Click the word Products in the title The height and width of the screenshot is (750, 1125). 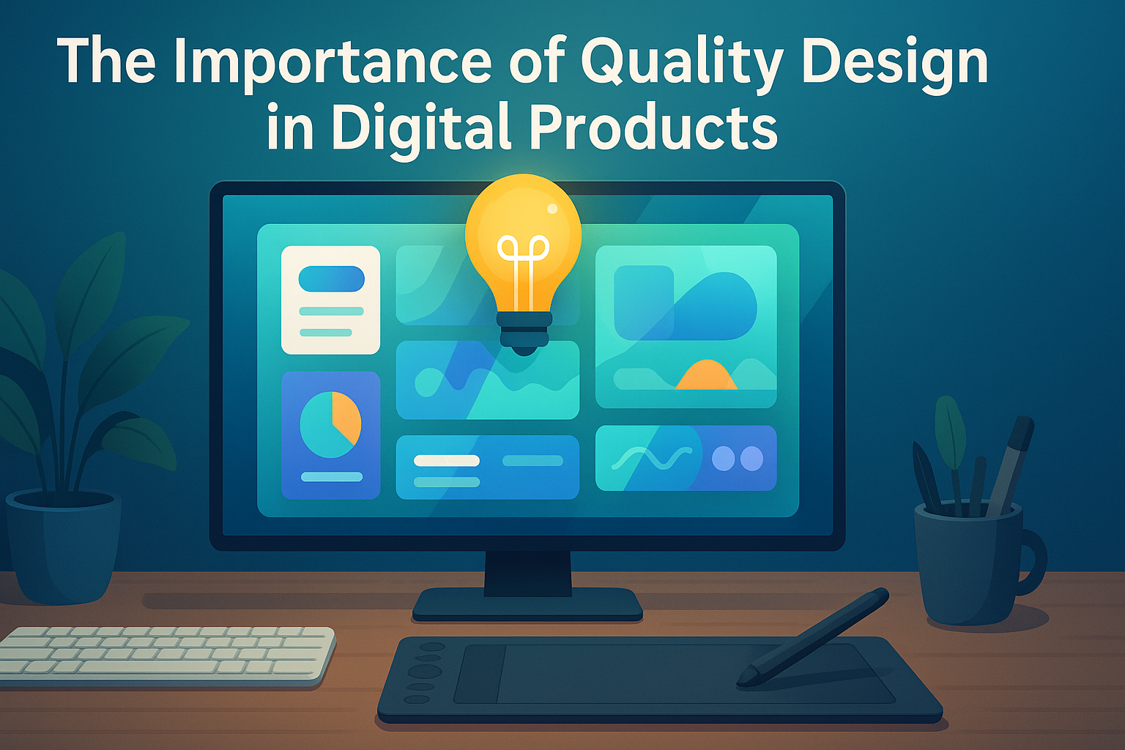pyautogui.click(x=653, y=125)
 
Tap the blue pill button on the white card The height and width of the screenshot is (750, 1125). pyautogui.click(x=332, y=279)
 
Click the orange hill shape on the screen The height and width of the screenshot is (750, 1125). pyautogui.click(x=706, y=375)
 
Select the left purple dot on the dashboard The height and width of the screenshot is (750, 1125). pyautogui.click(x=723, y=458)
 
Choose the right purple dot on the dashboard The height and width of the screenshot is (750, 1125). pyautogui.click(x=752, y=458)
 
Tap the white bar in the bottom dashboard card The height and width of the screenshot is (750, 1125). pyautogui.click(x=447, y=461)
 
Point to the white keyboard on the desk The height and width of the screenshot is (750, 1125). pyautogui.click(x=166, y=656)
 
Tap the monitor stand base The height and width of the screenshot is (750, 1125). pyautogui.click(x=527, y=604)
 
